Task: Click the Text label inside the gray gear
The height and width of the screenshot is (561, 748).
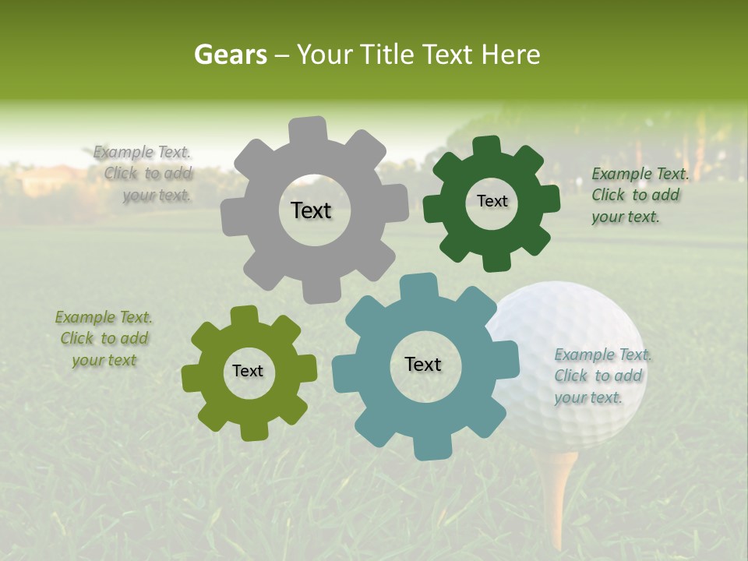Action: point(311,210)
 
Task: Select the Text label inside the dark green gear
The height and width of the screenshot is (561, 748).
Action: point(492,201)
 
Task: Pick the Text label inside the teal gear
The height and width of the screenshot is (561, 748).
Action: point(423,364)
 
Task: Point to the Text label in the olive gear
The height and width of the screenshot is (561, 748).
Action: point(248,371)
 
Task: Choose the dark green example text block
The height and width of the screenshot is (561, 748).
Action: point(638,195)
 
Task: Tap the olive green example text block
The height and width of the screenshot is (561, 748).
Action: point(104,339)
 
